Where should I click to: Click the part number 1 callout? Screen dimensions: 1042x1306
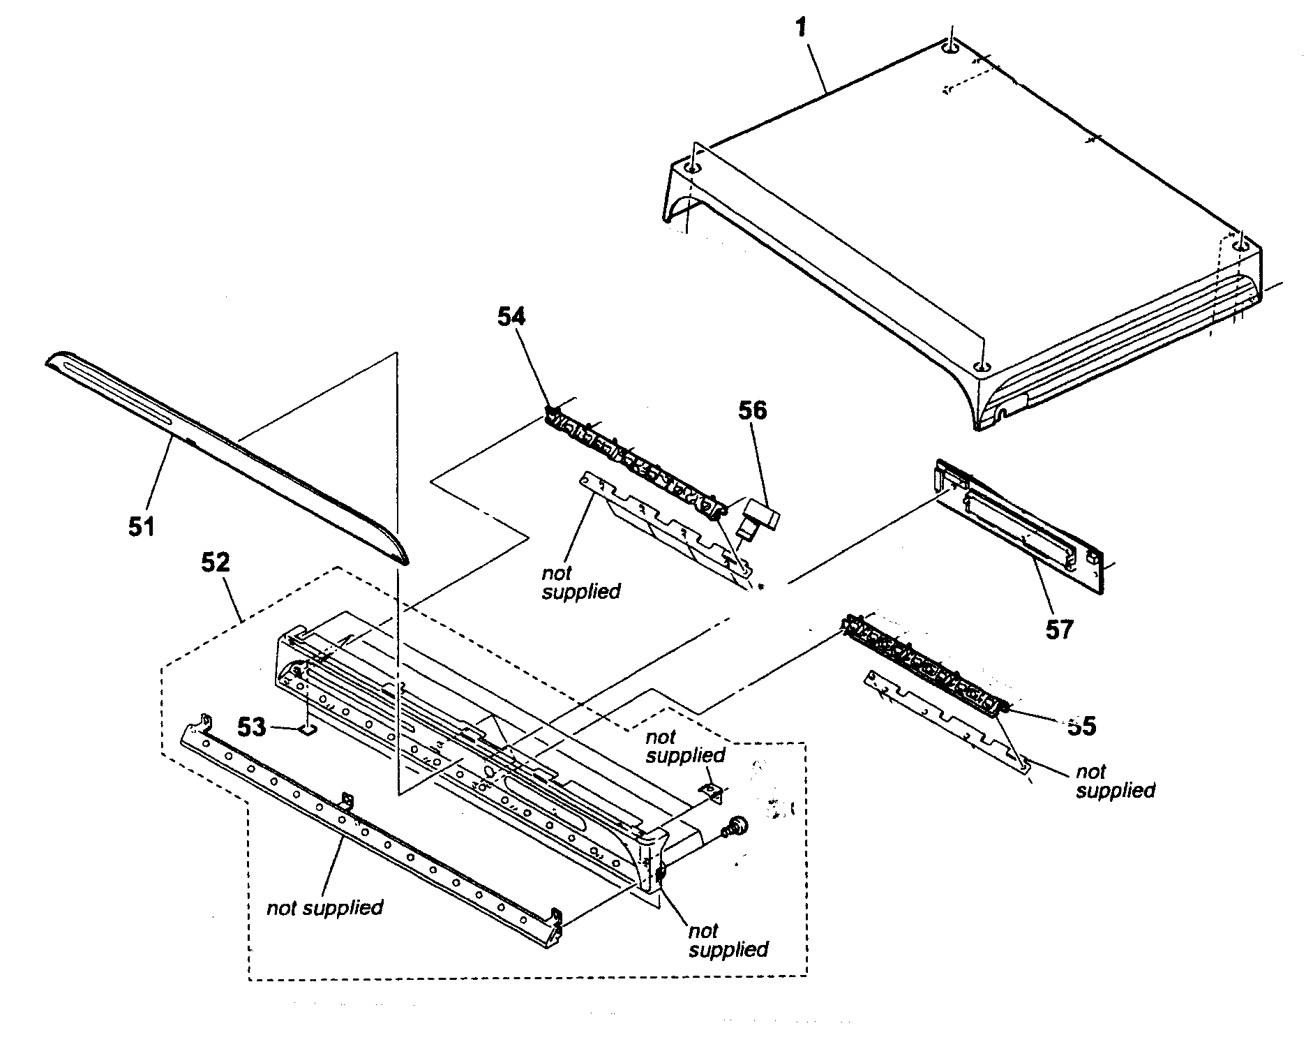pyautogui.click(x=802, y=28)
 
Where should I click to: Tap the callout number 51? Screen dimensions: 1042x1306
pyautogui.click(x=141, y=526)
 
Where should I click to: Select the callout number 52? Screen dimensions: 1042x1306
pyautogui.click(x=215, y=562)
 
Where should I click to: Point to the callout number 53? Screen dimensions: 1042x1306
pyautogui.click(x=253, y=727)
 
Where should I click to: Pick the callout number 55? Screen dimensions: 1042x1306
pyautogui.click(x=1081, y=726)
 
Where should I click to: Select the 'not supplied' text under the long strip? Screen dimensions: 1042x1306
pyautogui.click(x=324, y=907)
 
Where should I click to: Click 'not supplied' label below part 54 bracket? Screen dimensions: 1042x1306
pyautogui.click(x=580, y=582)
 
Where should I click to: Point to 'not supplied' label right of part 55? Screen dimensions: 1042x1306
pyautogui.click(x=1115, y=781)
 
